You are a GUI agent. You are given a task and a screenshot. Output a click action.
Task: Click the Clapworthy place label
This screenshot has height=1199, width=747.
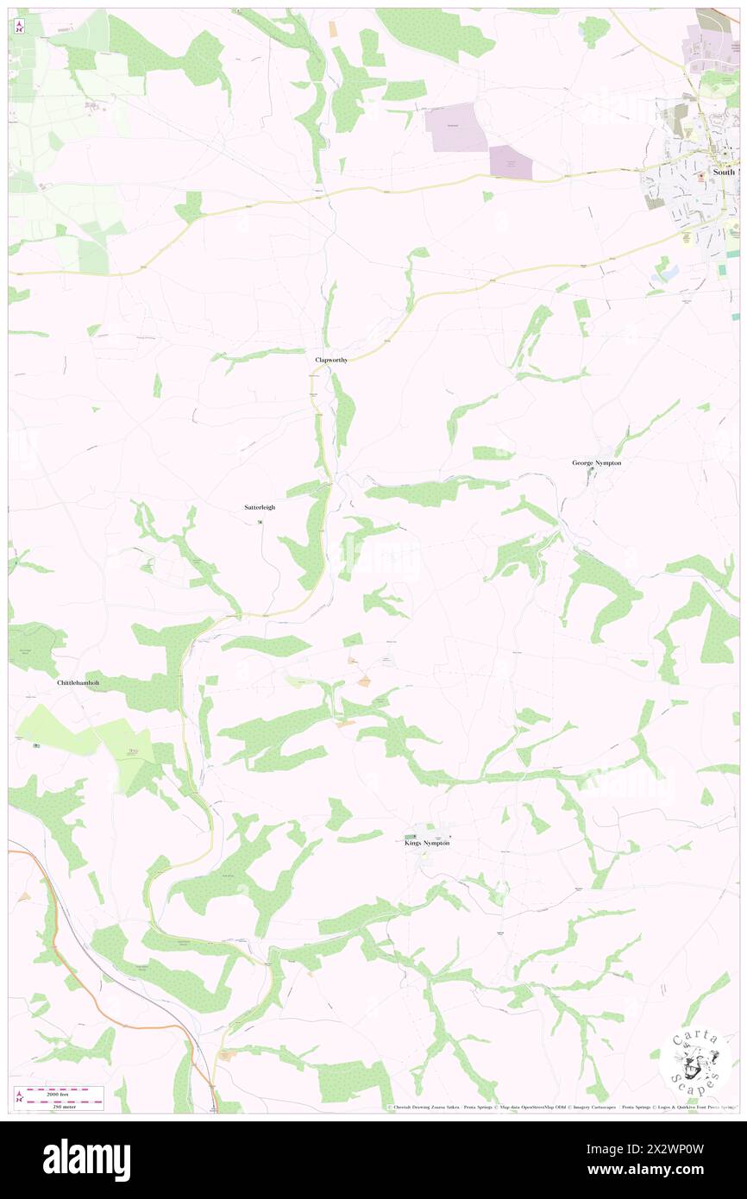tap(331, 360)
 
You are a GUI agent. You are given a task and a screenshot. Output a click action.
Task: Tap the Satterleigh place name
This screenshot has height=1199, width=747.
tap(260, 507)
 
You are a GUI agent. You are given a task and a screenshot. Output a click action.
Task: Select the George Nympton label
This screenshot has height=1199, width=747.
tap(596, 462)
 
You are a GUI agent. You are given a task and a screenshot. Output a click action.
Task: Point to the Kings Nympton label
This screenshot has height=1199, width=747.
tap(427, 843)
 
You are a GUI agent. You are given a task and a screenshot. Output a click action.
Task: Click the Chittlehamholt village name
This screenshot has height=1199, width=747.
tap(78, 682)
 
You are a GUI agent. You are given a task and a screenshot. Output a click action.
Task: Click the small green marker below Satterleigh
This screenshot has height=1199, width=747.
tap(260, 521)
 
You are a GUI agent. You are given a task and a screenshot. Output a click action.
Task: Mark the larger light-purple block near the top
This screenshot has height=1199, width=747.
tap(451, 127)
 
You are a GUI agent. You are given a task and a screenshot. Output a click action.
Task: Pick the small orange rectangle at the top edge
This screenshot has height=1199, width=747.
tap(333, 28)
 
